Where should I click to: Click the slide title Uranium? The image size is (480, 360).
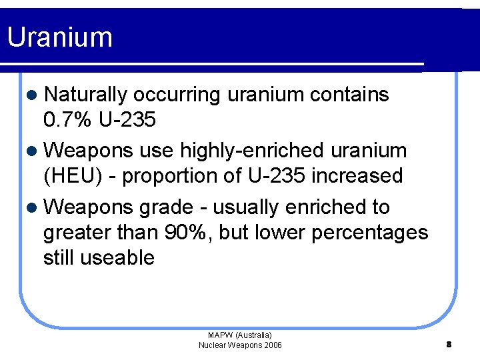59,37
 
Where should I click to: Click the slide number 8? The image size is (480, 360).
449,345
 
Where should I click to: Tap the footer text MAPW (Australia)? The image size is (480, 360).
240,335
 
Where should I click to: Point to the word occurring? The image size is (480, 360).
177,95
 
